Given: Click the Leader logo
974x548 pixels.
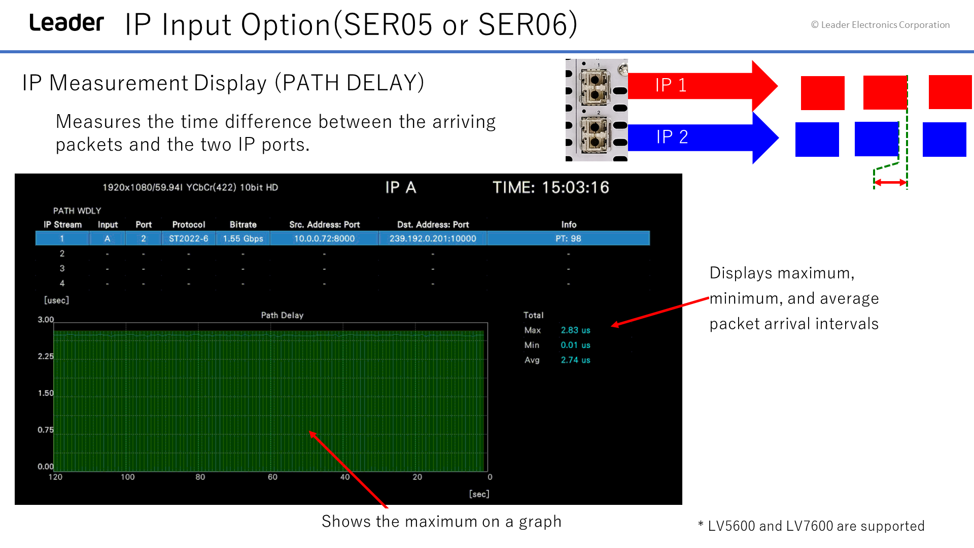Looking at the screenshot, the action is coord(66,23).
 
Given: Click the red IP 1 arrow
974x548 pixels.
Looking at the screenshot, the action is coord(703,85).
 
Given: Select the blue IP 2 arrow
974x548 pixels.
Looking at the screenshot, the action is coord(703,137).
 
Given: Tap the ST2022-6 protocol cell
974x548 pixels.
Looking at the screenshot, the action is coord(189,238).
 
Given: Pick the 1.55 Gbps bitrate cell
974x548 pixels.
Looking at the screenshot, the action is coord(243,238).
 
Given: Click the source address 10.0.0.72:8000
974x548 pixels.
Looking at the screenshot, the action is coord(325,238).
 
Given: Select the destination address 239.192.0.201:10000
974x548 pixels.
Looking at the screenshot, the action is coord(433,238).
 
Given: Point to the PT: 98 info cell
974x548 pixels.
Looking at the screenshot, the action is coord(568,238).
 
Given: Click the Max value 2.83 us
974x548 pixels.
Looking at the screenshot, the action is coord(575,330).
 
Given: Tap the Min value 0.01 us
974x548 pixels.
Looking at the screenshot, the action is coord(575,345).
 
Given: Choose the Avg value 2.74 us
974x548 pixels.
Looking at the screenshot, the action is coord(575,360).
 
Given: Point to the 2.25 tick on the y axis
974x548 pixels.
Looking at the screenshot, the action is coord(46,356).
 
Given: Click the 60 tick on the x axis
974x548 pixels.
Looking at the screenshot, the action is coord(272,477).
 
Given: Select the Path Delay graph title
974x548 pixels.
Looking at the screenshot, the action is coord(282,315).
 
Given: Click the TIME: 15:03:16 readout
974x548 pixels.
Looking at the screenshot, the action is coord(551,187).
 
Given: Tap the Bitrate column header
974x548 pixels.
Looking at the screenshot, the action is coord(243,224).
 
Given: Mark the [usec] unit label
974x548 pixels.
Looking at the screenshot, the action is coord(56,300).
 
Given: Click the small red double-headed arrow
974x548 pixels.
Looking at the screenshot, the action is coord(890,182).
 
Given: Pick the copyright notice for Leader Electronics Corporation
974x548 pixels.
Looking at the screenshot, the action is coord(880,25).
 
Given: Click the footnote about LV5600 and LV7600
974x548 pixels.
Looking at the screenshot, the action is coord(811,526).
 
